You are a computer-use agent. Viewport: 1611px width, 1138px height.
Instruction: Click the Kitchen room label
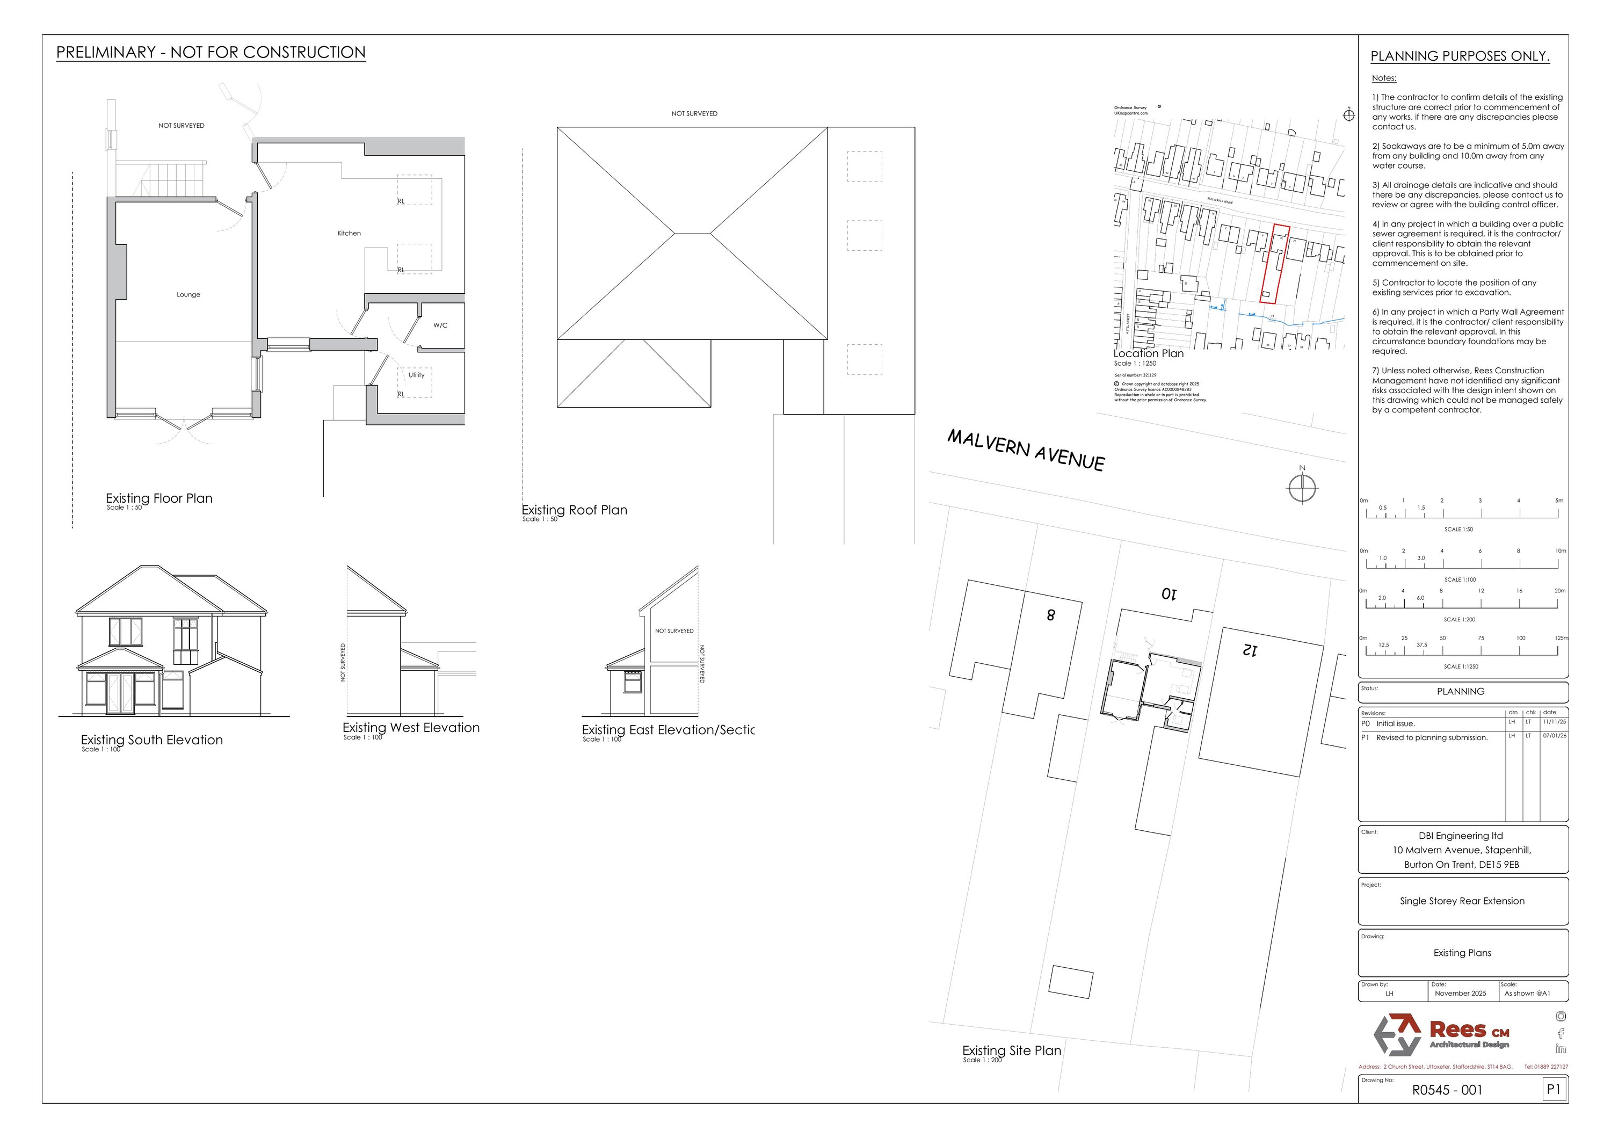[349, 234]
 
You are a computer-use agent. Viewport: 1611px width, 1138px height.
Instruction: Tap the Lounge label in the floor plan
[188, 295]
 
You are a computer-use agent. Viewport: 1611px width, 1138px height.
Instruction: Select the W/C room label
[440, 325]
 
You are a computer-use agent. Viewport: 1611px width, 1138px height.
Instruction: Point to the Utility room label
[417, 375]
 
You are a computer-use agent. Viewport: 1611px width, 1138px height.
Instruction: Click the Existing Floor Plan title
[159, 499]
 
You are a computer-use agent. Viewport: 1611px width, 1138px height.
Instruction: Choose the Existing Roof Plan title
[575, 511]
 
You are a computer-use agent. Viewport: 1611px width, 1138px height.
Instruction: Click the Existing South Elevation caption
[151, 740]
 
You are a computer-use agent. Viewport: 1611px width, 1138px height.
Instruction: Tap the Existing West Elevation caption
[411, 728]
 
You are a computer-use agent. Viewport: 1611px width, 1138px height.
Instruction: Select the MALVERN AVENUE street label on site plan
[1026, 450]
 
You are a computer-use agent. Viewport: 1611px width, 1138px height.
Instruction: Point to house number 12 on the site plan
[1250, 650]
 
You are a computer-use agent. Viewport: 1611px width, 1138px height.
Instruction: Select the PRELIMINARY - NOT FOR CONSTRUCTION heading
[211, 53]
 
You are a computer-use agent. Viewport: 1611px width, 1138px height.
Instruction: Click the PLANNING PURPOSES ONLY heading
[1460, 57]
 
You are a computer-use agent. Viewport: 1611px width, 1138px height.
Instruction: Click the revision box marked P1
[1554, 1090]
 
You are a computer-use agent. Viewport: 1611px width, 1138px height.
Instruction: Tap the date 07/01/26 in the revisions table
[1554, 736]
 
